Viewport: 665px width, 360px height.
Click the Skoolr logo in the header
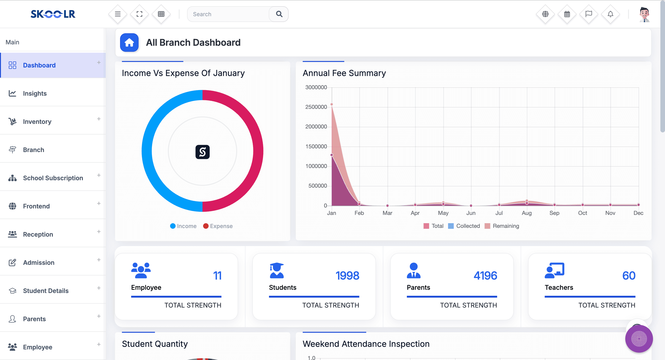(x=53, y=14)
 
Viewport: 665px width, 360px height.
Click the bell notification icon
(x=610, y=14)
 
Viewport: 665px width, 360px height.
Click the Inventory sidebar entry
(x=37, y=121)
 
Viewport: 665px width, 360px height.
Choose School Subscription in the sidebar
(x=53, y=178)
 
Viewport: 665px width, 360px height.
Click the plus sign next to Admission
(x=99, y=259)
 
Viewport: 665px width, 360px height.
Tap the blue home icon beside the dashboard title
(x=129, y=42)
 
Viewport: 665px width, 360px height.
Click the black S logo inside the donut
(x=203, y=152)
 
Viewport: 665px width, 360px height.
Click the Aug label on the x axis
(x=526, y=213)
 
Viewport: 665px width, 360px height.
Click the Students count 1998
(x=347, y=276)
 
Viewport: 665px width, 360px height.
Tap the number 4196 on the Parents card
(x=485, y=276)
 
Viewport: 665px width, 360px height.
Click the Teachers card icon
(x=554, y=270)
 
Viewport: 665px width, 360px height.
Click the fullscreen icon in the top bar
(x=139, y=14)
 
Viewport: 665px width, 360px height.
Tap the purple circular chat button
(x=639, y=339)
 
